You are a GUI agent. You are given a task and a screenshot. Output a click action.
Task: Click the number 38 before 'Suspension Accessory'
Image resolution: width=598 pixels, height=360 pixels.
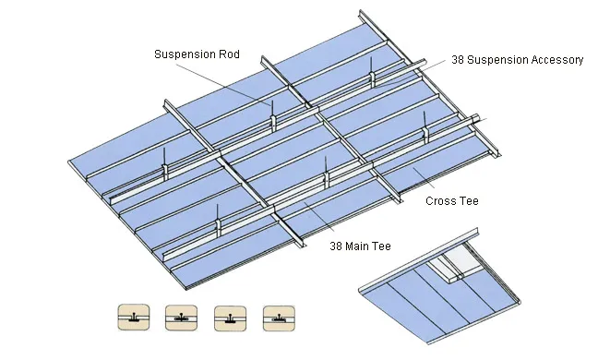point(458,60)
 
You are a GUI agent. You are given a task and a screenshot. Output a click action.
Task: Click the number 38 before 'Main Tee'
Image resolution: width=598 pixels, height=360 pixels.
point(337,246)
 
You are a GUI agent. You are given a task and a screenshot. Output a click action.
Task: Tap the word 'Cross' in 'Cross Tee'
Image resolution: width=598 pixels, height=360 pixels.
point(439,200)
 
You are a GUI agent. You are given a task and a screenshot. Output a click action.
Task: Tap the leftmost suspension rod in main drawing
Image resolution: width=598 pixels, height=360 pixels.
point(164,157)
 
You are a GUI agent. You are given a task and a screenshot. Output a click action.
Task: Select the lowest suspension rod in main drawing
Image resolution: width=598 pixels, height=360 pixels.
point(218,217)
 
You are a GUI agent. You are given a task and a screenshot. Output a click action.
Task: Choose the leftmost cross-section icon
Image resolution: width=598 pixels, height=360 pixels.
point(132,317)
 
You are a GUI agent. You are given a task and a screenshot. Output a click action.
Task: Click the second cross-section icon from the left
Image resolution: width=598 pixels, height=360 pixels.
point(180,317)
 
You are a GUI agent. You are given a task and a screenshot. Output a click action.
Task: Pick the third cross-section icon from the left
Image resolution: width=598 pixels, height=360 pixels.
point(229,317)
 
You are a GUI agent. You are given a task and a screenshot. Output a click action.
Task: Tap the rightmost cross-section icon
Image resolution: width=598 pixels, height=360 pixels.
point(278,317)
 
